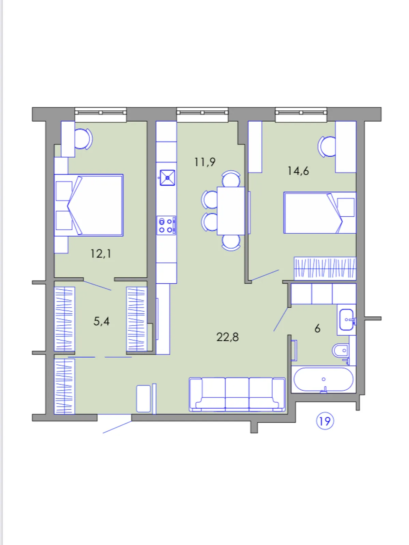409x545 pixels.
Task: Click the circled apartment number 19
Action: (x=324, y=421)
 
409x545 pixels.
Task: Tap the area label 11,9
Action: (x=204, y=162)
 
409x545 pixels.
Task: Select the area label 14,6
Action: (x=298, y=171)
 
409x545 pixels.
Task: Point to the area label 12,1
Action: (x=101, y=253)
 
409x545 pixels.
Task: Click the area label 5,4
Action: (x=101, y=321)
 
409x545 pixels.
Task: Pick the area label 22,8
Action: (x=227, y=337)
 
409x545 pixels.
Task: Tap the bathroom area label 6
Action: (x=317, y=328)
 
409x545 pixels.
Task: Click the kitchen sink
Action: (x=167, y=177)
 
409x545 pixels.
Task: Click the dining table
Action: (x=231, y=211)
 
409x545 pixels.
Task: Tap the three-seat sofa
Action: (x=237, y=394)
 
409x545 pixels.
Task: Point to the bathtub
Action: (x=323, y=379)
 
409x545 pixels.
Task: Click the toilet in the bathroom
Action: (x=341, y=351)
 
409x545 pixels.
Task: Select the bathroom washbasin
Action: (x=346, y=320)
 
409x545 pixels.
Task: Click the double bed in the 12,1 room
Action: (x=89, y=205)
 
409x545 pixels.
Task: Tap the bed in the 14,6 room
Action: (x=320, y=213)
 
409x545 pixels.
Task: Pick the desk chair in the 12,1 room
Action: (x=84, y=139)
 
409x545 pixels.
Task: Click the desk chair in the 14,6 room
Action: (x=327, y=146)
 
